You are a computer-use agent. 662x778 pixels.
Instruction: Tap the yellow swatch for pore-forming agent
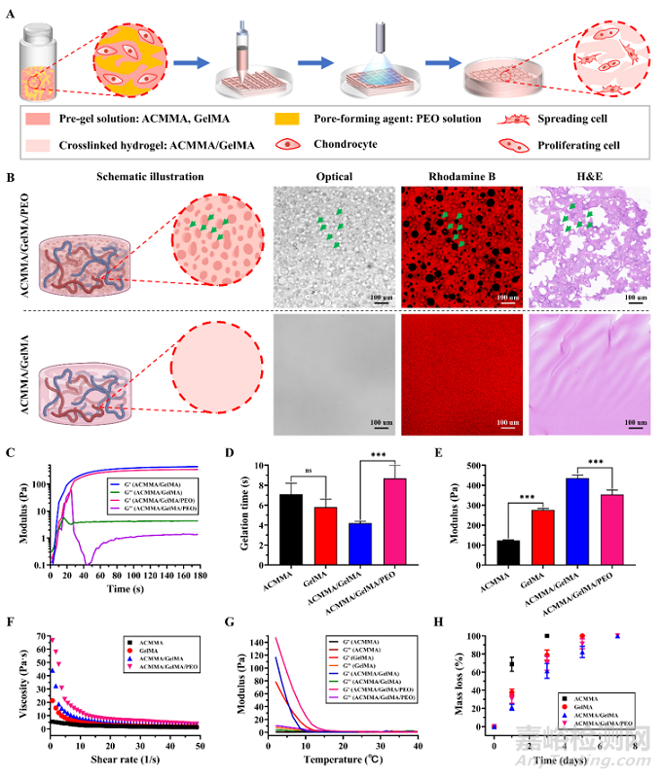click(293, 119)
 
